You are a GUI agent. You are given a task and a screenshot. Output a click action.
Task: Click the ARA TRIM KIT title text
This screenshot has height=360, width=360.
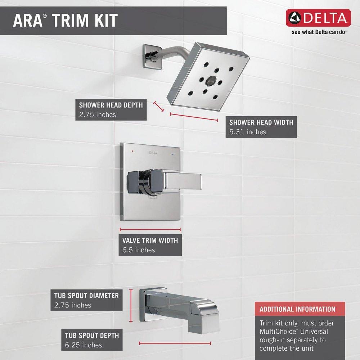(65, 20)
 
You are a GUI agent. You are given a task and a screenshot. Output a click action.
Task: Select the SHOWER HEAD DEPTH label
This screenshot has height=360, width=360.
(111, 105)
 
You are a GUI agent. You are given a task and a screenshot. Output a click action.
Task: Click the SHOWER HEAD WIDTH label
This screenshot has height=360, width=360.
(261, 122)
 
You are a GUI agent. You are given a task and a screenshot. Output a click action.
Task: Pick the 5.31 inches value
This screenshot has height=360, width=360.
(248, 132)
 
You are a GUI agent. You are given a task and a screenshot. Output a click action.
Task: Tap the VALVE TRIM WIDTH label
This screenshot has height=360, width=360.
(150, 240)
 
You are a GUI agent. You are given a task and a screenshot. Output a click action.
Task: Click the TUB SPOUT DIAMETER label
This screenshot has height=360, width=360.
(86, 296)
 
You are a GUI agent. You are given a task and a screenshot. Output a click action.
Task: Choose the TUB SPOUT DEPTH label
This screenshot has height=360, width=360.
(92, 335)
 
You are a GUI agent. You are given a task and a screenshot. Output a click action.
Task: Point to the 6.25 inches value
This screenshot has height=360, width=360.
(83, 345)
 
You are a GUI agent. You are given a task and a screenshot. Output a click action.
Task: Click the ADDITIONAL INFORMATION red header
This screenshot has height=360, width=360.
(297, 309)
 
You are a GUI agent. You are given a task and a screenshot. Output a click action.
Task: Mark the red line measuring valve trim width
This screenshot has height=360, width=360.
(150, 229)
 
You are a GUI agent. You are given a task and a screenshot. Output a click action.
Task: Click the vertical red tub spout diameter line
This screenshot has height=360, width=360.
(131, 306)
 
